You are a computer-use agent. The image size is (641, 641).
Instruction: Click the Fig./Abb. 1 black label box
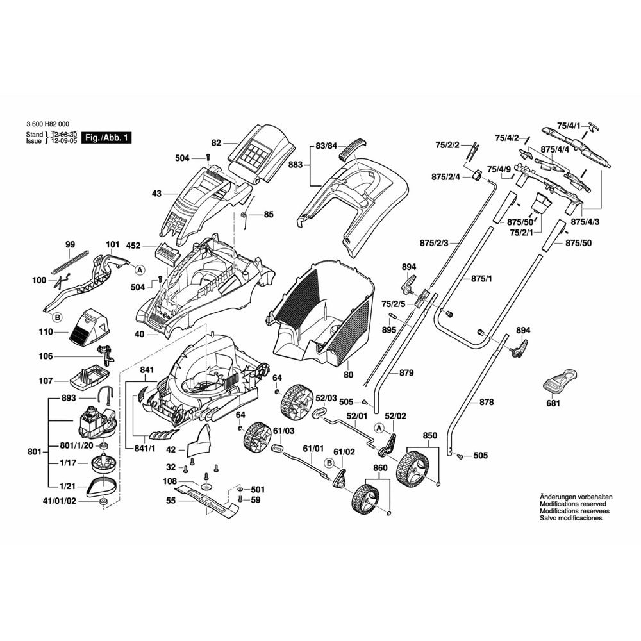[x=108, y=138]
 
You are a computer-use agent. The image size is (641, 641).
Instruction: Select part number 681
[x=553, y=404]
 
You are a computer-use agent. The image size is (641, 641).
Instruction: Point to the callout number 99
[x=71, y=244]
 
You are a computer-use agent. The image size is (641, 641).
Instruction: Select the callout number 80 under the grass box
[x=349, y=374]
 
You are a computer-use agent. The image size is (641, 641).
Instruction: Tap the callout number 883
[x=295, y=165]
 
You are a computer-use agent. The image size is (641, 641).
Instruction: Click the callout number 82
[x=215, y=143]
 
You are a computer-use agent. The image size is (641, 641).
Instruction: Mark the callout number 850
[x=429, y=436]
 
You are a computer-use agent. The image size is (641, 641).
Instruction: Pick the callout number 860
[x=381, y=468]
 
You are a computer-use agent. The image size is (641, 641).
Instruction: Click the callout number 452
[x=133, y=245]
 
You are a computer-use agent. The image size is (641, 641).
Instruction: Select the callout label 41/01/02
[x=59, y=501]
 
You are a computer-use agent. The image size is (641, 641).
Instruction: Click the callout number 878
[x=487, y=402]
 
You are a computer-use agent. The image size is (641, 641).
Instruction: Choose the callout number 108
[x=169, y=481]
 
